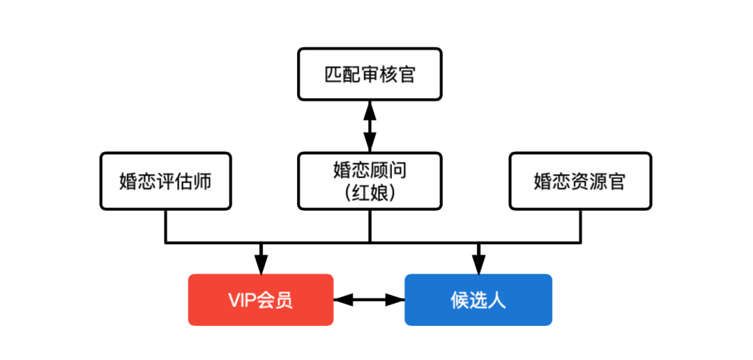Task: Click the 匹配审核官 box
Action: (370, 74)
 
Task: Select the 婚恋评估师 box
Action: (166, 181)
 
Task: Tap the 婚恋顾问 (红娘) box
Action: (370, 181)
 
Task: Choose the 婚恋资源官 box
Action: (580, 181)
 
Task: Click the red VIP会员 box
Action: (261, 300)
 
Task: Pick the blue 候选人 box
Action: (478, 300)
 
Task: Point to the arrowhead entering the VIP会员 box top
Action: (261, 265)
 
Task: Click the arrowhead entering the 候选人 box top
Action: (478, 265)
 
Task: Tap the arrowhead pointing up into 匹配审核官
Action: (370, 110)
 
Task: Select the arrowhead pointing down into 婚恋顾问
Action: (370, 143)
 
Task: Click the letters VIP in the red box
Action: (241, 301)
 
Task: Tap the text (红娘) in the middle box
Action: (370, 193)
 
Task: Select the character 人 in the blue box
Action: (498, 301)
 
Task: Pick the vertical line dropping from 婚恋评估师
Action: (166, 226)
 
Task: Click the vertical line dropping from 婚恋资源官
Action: (580, 226)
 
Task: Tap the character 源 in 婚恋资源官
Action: (598, 181)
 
